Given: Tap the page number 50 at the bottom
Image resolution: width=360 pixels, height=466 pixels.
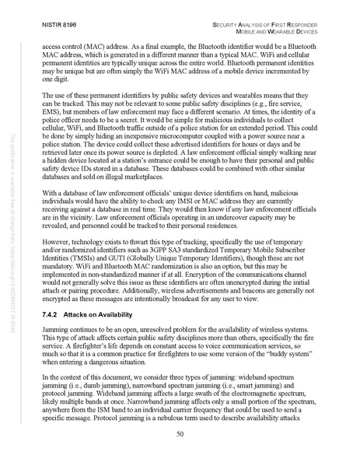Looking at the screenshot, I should coord(180,436).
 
